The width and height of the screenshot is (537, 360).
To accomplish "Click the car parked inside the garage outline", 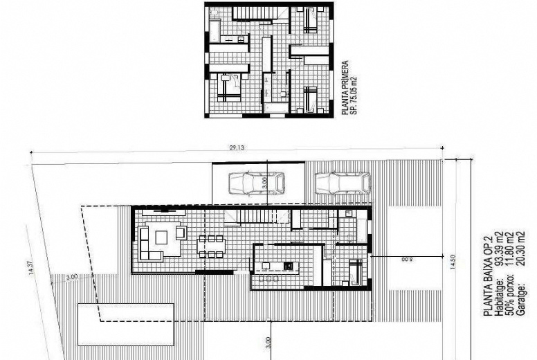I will [257, 183].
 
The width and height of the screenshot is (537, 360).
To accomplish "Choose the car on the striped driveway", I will [343, 183].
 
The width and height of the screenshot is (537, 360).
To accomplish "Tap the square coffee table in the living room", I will [161, 237].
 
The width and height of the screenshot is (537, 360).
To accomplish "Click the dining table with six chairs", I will [212, 246].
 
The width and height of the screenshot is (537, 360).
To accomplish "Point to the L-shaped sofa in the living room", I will [149, 244].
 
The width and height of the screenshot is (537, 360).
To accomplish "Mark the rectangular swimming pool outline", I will [125, 323].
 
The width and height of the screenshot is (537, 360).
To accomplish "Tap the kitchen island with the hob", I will [277, 266].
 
